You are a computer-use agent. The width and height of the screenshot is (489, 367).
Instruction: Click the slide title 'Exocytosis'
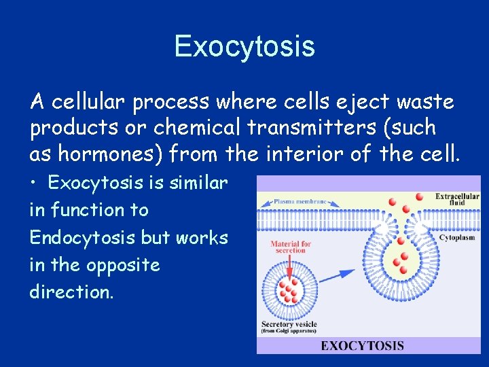point(244,46)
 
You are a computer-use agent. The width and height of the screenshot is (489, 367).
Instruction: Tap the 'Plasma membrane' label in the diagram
point(301,202)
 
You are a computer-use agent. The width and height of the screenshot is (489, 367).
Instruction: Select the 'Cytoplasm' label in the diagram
point(456,239)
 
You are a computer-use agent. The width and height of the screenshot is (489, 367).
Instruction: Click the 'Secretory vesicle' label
point(289,324)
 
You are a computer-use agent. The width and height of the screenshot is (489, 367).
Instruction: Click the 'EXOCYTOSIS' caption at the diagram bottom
point(362,345)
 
